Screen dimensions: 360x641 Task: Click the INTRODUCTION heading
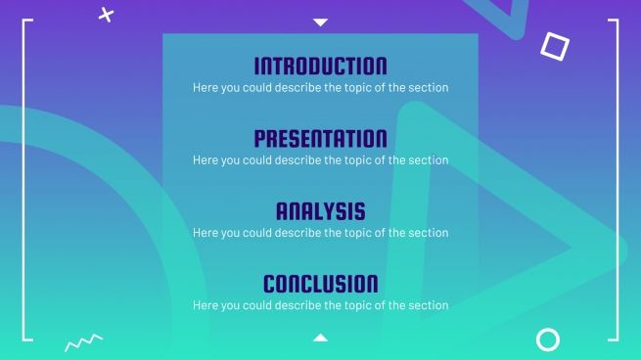point(320,67)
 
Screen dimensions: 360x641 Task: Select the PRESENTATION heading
point(320,139)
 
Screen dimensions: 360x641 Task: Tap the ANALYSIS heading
point(320,211)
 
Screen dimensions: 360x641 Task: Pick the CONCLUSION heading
point(320,284)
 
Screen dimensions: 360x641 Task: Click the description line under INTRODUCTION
point(320,88)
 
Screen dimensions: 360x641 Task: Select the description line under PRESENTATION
point(320,160)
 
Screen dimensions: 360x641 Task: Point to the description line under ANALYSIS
point(320,233)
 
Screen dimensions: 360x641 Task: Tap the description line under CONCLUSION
point(320,305)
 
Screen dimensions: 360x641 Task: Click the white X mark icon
point(107,14)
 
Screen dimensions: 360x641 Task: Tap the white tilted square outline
point(555,45)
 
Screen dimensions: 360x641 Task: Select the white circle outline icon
point(548,339)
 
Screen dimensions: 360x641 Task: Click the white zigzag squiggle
point(83,341)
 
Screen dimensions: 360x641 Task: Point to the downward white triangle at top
point(320,22)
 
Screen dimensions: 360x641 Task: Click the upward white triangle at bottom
point(320,337)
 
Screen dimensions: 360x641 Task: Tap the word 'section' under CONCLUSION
point(429,305)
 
